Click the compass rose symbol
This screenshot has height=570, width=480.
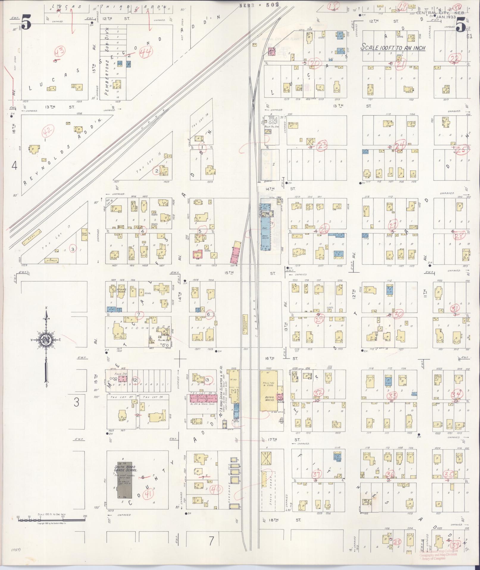[46, 340]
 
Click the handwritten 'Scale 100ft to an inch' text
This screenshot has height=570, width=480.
[393, 48]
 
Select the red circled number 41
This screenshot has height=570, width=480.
[148, 494]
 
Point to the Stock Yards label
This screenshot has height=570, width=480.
[271, 495]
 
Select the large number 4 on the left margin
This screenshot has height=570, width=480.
[14, 166]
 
